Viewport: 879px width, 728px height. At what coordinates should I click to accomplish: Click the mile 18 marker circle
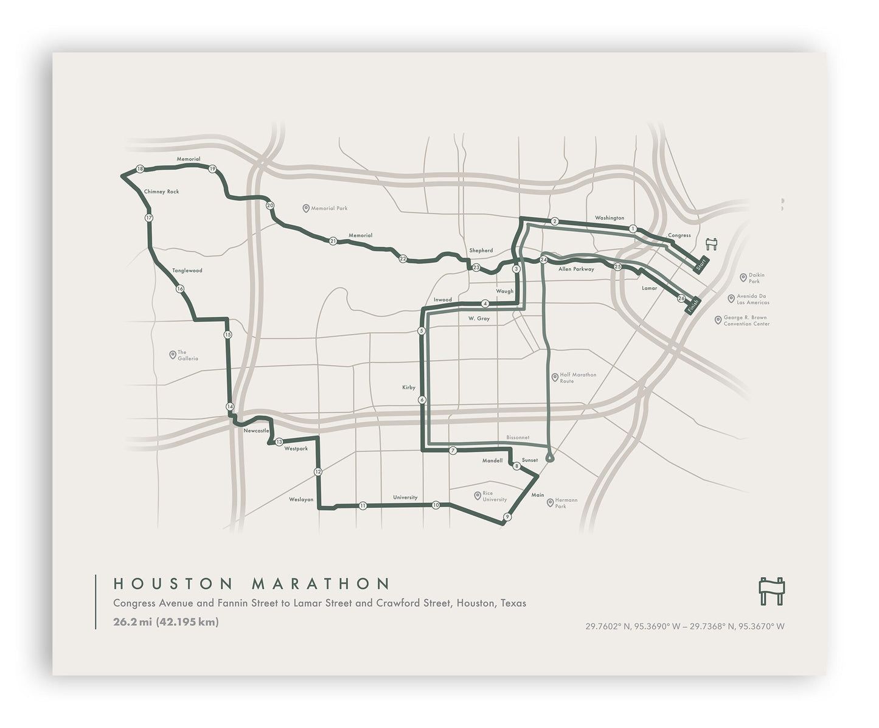coord(140,169)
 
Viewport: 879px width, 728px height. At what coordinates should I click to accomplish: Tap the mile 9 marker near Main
coord(507,517)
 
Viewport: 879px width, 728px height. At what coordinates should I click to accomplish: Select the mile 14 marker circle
coord(229,406)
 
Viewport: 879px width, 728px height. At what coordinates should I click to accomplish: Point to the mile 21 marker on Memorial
coord(333,241)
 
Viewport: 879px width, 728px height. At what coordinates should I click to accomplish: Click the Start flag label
coord(701,265)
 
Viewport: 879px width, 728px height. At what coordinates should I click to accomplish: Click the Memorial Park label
coord(329,208)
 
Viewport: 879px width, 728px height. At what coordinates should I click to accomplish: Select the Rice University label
coord(494,496)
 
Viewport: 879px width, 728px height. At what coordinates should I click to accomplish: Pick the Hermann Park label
coord(565,503)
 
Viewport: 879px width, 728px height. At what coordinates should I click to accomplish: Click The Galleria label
coord(187,355)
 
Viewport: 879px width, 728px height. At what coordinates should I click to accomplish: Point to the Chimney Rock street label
coord(161,192)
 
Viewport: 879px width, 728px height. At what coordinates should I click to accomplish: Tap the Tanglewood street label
coord(187,270)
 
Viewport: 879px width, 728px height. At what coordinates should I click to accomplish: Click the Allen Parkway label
coord(576,269)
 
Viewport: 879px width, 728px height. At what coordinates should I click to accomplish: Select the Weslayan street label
coord(301,499)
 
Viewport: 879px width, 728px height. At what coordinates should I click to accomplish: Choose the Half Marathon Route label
coord(578,378)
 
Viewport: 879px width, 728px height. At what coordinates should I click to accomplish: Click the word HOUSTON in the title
coord(173,584)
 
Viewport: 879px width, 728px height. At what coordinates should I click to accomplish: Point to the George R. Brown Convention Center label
coord(746,321)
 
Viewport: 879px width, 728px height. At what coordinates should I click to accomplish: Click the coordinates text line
coord(685,626)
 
